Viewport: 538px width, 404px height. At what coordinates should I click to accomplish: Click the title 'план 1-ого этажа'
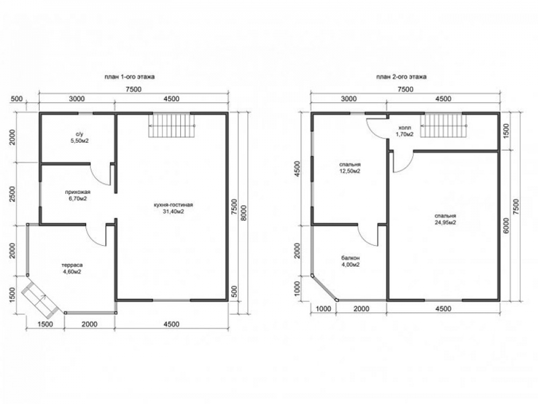129,76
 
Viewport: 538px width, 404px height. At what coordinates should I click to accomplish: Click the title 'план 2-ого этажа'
401,76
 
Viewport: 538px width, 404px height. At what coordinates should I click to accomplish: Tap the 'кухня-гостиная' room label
173,205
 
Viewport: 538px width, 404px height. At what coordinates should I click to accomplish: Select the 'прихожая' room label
77,192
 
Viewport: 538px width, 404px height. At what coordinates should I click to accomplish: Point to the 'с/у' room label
77,134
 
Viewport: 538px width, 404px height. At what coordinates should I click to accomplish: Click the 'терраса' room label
72,265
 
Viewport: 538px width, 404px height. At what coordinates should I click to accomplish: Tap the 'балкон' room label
350,258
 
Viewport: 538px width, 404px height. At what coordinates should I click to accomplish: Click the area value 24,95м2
445,222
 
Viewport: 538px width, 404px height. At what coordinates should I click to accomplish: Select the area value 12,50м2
350,171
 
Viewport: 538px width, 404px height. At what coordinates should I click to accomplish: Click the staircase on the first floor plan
172,126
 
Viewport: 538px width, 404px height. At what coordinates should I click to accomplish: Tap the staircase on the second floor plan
444,126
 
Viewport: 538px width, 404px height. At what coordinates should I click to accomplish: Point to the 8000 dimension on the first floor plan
243,213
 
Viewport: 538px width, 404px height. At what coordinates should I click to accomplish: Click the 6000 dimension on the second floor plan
506,226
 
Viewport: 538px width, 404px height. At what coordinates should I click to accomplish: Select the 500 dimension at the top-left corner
17,99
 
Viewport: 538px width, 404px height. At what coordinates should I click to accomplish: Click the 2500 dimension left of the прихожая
13,194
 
